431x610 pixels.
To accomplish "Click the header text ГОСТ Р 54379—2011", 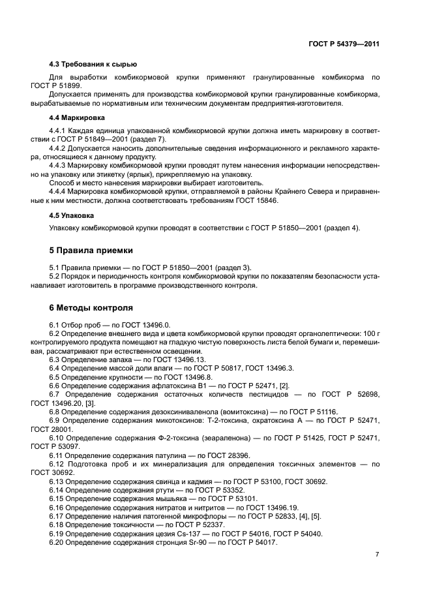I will point(344,44).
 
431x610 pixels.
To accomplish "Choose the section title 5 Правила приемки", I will point(91,250).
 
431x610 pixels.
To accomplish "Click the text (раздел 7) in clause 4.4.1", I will point(149,140).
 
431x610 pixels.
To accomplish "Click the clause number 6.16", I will point(57,507).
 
